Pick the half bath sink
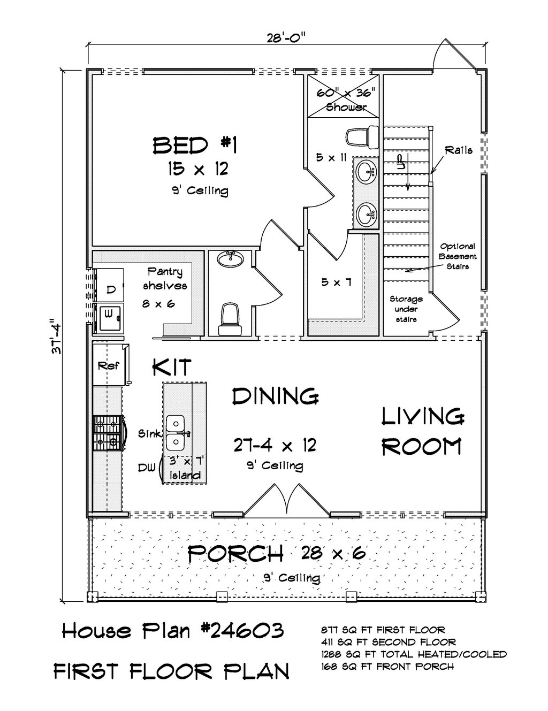pos(231,259)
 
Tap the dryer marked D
pos(110,289)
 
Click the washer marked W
pos(109,317)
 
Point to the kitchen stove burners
pos(108,432)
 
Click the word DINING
pos(276,396)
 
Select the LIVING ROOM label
pos(422,431)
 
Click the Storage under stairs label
pos(406,309)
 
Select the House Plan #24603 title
pos(172,631)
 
